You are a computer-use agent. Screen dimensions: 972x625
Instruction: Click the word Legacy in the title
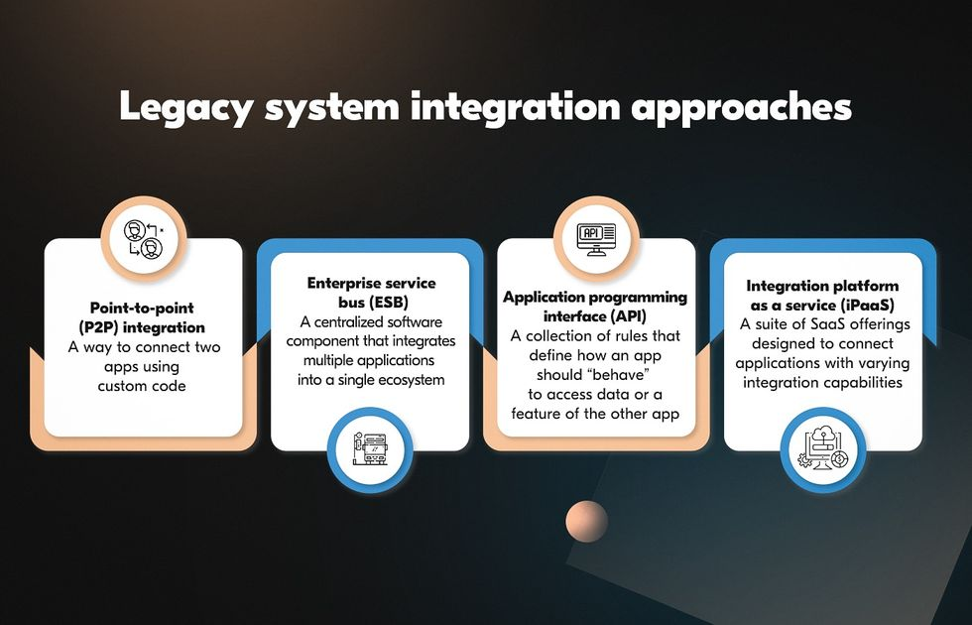[x=186, y=108]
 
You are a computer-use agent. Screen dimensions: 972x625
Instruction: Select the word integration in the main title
[x=515, y=106]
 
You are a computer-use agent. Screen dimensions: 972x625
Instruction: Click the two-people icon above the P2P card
[x=144, y=239]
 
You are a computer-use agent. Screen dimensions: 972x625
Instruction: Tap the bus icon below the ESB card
[x=371, y=448]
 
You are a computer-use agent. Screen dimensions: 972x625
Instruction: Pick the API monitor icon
[x=596, y=239]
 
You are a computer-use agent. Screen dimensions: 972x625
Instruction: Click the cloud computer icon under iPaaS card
[x=823, y=448]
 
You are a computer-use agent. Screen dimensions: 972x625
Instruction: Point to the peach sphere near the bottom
[x=586, y=522]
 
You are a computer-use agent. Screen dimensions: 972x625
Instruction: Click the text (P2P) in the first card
[x=100, y=327]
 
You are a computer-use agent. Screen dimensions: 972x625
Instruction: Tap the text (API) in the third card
[x=629, y=316]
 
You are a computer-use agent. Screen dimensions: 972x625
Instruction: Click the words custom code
[x=142, y=386]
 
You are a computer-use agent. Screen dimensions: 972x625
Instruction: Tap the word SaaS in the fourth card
[x=827, y=324]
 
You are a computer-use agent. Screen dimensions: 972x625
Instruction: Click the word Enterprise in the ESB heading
[x=344, y=284]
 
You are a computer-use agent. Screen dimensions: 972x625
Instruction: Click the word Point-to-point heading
[x=142, y=308]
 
